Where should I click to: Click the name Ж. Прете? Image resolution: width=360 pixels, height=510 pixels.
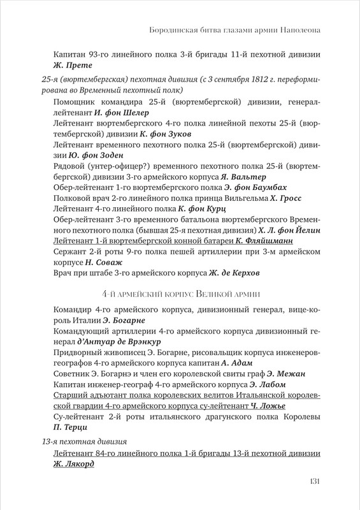(x=73, y=65)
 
